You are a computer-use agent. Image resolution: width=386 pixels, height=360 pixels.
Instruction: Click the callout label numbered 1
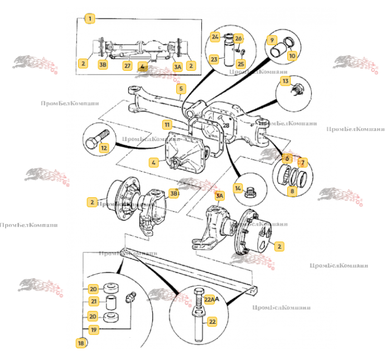pyautogui.click(x=89, y=19)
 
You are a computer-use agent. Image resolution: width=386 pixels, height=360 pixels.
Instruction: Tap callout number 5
pyautogui.click(x=181, y=88)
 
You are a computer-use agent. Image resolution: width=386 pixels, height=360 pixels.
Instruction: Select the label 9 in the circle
pyautogui.click(x=272, y=40)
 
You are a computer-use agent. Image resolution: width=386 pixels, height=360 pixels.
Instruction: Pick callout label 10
pyautogui.click(x=292, y=56)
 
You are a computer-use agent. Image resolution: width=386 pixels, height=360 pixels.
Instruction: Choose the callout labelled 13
pyautogui.click(x=286, y=81)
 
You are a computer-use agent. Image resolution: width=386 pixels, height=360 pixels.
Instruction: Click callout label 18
pyautogui.click(x=81, y=343)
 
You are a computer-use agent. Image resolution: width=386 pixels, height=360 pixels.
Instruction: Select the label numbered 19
pyautogui.click(x=93, y=330)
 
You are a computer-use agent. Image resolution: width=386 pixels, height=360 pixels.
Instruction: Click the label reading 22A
pyautogui.click(x=210, y=299)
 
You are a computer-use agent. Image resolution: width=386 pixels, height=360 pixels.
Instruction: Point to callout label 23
pyautogui.click(x=214, y=59)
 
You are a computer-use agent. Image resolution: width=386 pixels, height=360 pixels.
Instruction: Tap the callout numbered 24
pyautogui.click(x=214, y=37)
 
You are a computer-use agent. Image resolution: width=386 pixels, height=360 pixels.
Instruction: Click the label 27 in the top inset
pyautogui.click(x=127, y=65)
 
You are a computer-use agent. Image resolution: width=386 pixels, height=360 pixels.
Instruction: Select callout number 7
pyautogui.click(x=303, y=163)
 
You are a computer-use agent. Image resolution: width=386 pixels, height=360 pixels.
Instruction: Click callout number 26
pyautogui.click(x=238, y=38)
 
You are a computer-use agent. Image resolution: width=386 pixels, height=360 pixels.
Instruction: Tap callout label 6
pyautogui.click(x=287, y=158)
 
